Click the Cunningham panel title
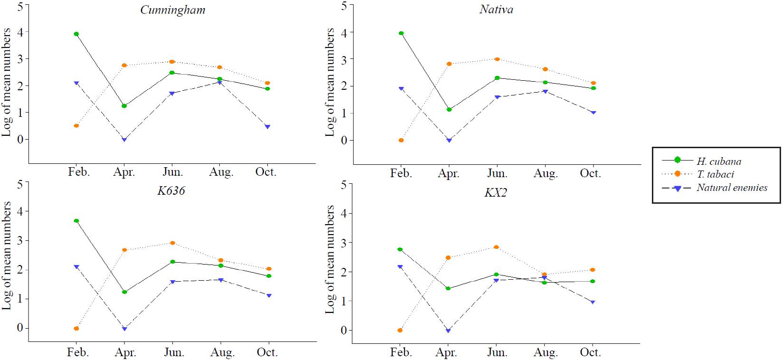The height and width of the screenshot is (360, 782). pyautogui.click(x=173, y=10)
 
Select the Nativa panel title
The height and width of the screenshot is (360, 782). pyautogui.click(x=496, y=9)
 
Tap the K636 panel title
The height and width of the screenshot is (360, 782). pyautogui.click(x=171, y=191)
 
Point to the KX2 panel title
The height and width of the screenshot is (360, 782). pyautogui.click(x=495, y=193)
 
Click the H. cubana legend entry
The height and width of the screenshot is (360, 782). pyautogui.click(x=718, y=161)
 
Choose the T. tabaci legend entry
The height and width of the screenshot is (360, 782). pyautogui.click(x=716, y=174)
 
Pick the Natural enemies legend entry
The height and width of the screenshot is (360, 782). pyautogui.click(x=732, y=188)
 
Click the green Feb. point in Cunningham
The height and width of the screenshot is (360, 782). pyautogui.click(x=76, y=34)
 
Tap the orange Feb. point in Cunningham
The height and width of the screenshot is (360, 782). pyautogui.click(x=76, y=126)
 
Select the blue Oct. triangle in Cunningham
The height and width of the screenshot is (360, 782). pyautogui.click(x=267, y=127)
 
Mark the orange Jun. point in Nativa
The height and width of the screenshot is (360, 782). pyautogui.click(x=497, y=59)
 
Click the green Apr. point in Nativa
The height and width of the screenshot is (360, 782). pyautogui.click(x=449, y=110)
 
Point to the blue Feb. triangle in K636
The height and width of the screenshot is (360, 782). pyautogui.click(x=76, y=267)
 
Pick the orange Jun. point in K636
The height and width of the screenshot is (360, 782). pyautogui.click(x=172, y=243)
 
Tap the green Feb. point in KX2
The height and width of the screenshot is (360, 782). pyautogui.click(x=400, y=249)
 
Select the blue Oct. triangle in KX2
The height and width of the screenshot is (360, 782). pyautogui.click(x=593, y=302)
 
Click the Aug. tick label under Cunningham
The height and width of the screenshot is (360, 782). pyautogui.click(x=221, y=172)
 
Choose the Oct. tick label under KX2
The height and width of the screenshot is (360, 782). pyautogui.click(x=590, y=352)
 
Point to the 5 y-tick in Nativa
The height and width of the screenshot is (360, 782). pyautogui.click(x=344, y=6)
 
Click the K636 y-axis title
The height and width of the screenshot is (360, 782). pyautogui.click(x=7, y=256)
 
